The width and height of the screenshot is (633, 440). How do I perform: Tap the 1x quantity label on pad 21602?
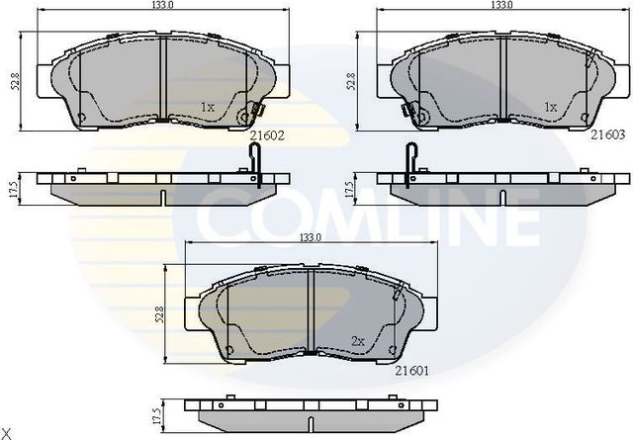(207, 106)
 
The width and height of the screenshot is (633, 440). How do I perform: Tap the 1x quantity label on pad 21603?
(550, 106)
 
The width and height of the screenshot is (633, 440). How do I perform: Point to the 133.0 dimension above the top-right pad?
(503, 6)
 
